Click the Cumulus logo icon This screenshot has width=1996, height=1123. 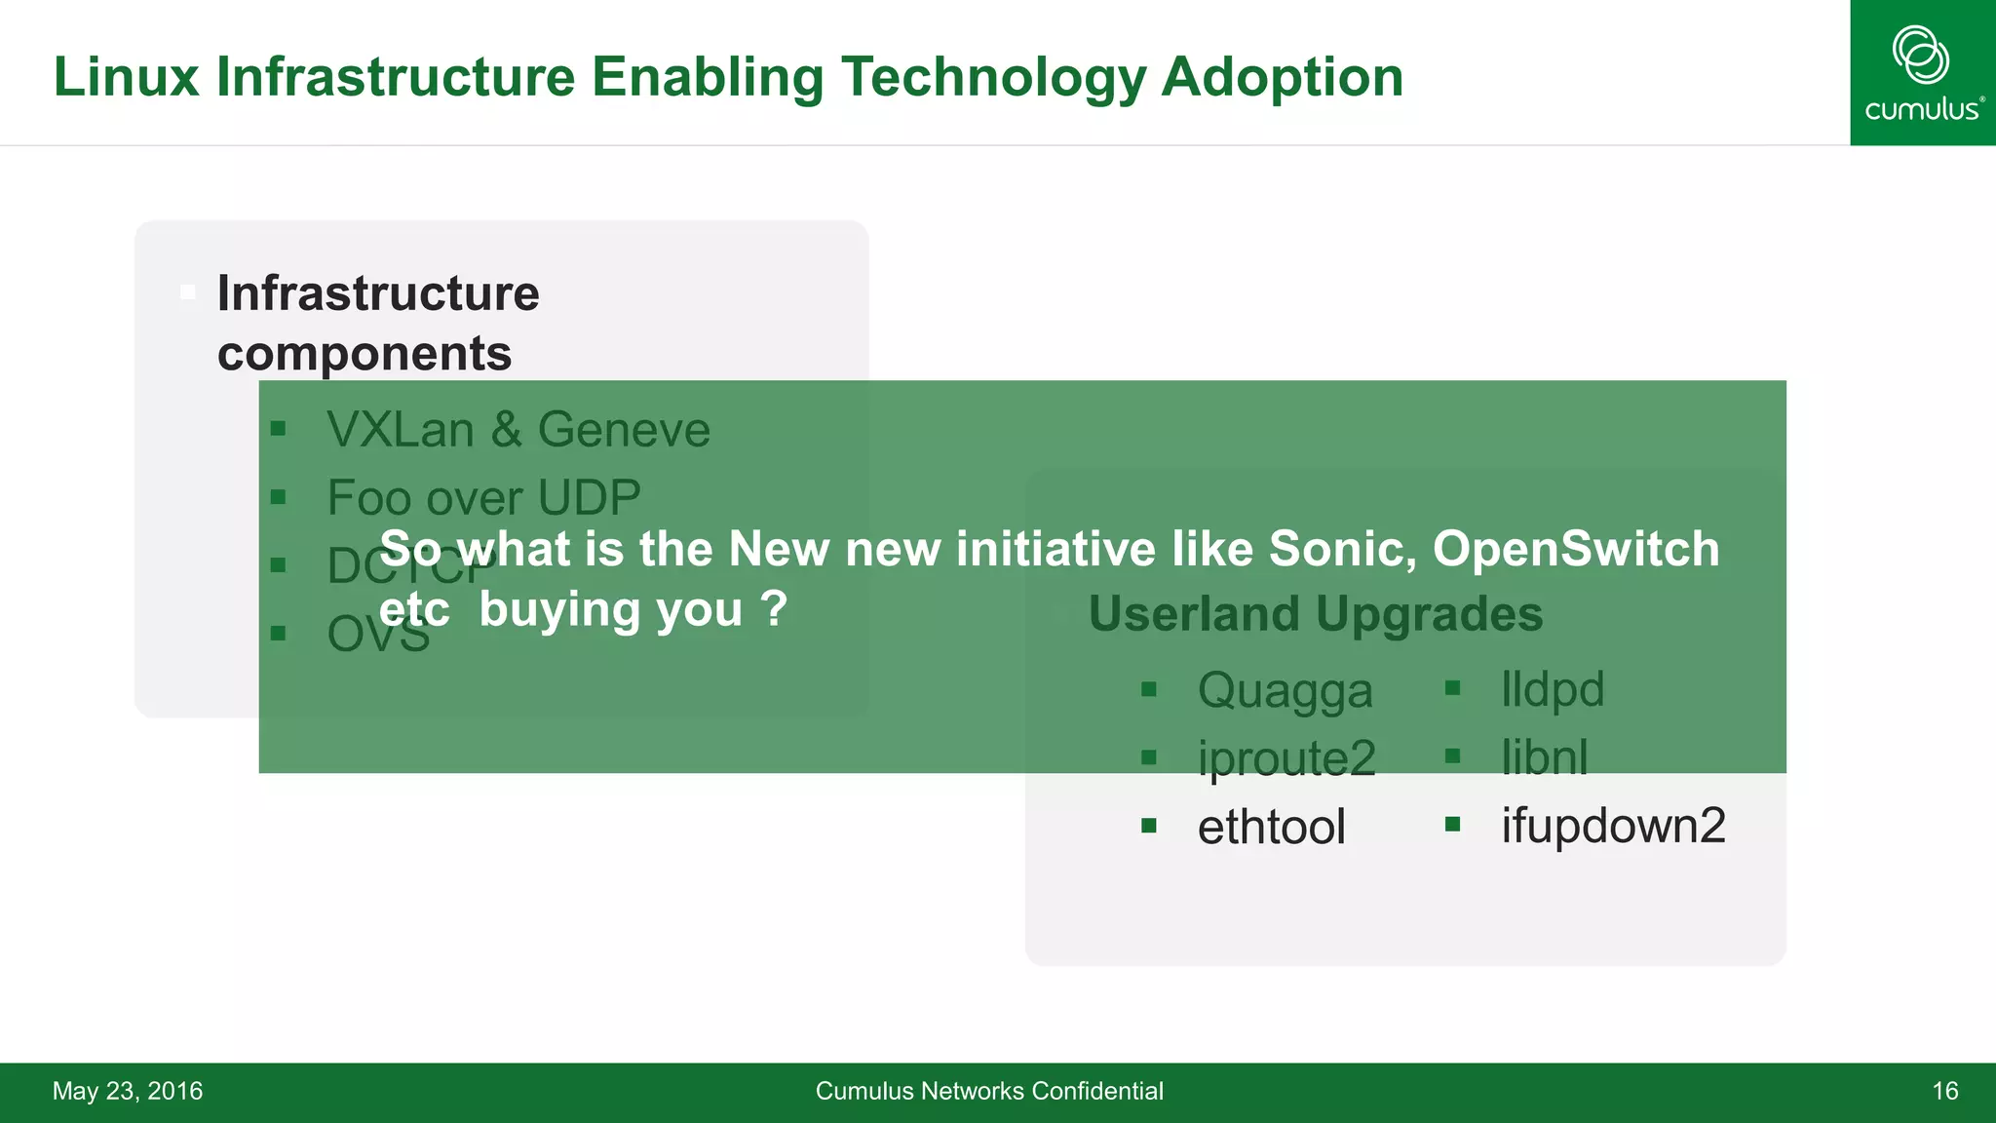(1920, 55)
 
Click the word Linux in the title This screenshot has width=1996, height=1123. (125, 77)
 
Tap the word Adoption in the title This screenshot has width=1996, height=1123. (1282, 77)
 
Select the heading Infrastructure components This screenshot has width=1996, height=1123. (378, 323)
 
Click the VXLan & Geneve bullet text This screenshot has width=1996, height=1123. (518, 430)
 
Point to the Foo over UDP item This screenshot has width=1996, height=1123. (483, 498)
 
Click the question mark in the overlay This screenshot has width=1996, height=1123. (774, 609)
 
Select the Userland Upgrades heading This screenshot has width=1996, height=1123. (1315, 614)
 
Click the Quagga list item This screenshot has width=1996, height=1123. (1285, 690)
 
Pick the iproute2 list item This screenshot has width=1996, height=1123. (1286, 758)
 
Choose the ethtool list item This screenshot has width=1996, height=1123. (1271, 827)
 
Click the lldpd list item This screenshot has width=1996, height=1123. (1552, 689)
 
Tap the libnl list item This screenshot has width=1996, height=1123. (1544, 757)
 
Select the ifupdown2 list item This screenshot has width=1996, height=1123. (1613, 826)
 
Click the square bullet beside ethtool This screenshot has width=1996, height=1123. (1149, 827)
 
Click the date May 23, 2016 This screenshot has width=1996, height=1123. (128, 1091)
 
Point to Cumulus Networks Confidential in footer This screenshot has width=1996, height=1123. (989, 1091)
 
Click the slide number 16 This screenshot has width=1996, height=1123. (1944, 1091)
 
